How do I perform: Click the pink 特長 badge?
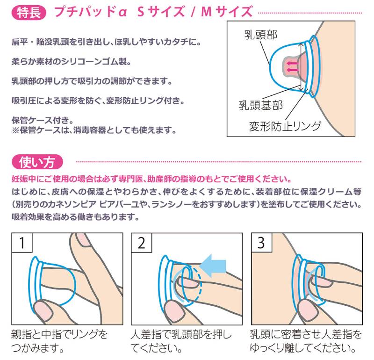pos(29,13)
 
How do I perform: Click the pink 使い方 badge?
pos(37,162)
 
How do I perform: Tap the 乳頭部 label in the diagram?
pos(261,35)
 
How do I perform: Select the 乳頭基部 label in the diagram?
pos(261,105)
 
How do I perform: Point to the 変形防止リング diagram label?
pos(285,126)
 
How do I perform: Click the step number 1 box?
pos(22,243)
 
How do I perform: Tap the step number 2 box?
pos(142,243)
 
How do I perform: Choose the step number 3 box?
pos(262,243)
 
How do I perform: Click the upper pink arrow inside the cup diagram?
pos(292,63)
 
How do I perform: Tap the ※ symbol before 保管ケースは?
pos(15,130)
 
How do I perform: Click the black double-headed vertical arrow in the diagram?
pos(301,67)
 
